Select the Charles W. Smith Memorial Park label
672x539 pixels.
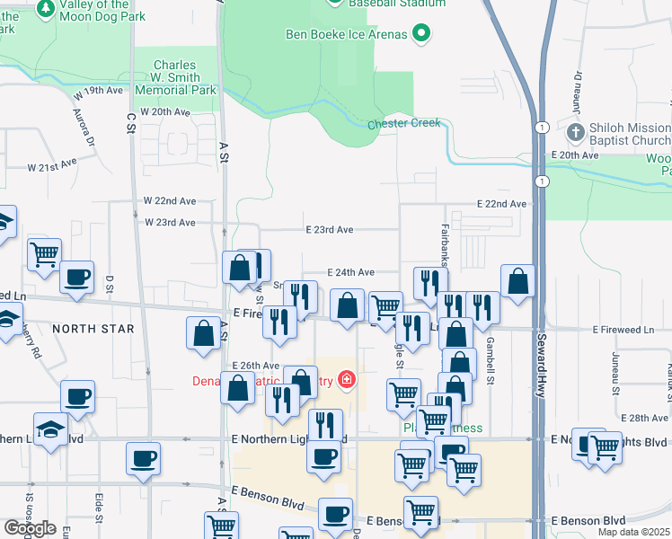[186, 78]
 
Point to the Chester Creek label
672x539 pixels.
[404, 123]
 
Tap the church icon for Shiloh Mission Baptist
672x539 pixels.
[577, 134]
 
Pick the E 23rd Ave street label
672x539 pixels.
[331, 230]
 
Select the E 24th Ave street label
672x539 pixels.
[350, 272]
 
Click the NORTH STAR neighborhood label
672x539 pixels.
[93, 329]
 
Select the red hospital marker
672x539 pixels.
[346, 381]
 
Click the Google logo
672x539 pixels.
[30, 528]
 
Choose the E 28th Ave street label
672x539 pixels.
[647, 419]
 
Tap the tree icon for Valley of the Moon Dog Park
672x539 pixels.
[46, 9]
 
